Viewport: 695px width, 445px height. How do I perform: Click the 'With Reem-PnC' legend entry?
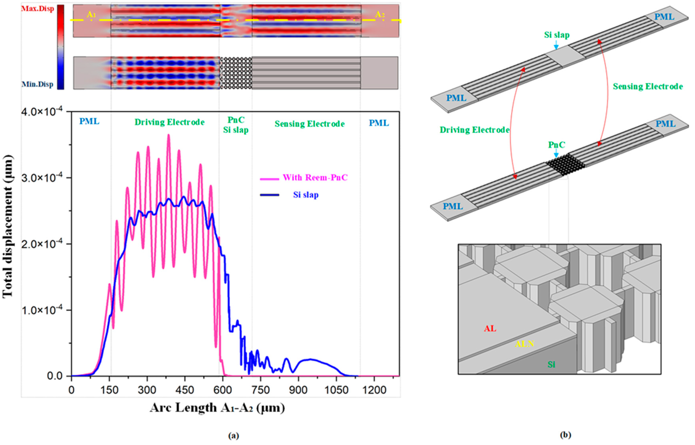[x=315, y=177]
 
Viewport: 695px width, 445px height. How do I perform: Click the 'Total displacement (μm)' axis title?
[x=8, y=226]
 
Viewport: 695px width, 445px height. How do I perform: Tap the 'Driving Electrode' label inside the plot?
[x=169, y=122]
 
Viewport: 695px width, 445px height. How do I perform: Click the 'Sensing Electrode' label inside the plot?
[x=309, y=124]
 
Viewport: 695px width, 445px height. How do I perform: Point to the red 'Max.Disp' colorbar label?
[x=37, y=9]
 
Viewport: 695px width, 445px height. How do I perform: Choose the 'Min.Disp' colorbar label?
[x=37, y=84]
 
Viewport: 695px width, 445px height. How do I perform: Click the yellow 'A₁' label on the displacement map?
[x=91, y=15]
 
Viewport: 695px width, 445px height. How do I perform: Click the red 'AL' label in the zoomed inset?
[x=490, y=329]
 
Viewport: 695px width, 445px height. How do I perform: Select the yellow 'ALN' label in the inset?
[x=524, y=344]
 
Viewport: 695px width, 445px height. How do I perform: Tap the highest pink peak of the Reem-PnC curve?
[x=169, y=135]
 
